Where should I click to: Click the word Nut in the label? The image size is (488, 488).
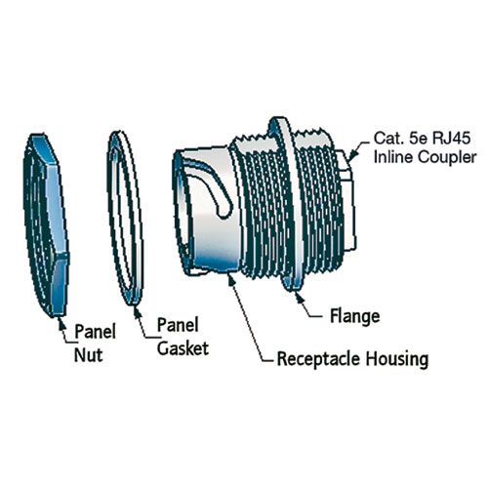[x=88, y=355]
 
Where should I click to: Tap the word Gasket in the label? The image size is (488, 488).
[x=183, y=348]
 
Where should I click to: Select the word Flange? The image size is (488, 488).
[x=355, y=316]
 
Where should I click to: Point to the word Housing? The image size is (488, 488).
[x=397, y=359]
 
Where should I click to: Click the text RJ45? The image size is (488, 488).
[x=451, y=138]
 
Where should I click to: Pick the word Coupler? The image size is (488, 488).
[x=447, y=157]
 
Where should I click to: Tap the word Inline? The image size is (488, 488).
[x=393, y=157]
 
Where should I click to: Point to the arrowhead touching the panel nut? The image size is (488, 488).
[x=61, y=322]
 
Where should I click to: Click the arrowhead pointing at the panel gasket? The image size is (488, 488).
[x=138, y=311]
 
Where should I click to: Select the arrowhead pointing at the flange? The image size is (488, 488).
[x=300, y=297]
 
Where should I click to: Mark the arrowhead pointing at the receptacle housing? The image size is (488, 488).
[x=231, y=279]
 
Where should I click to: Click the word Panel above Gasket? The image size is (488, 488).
[x=178, y=325]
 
